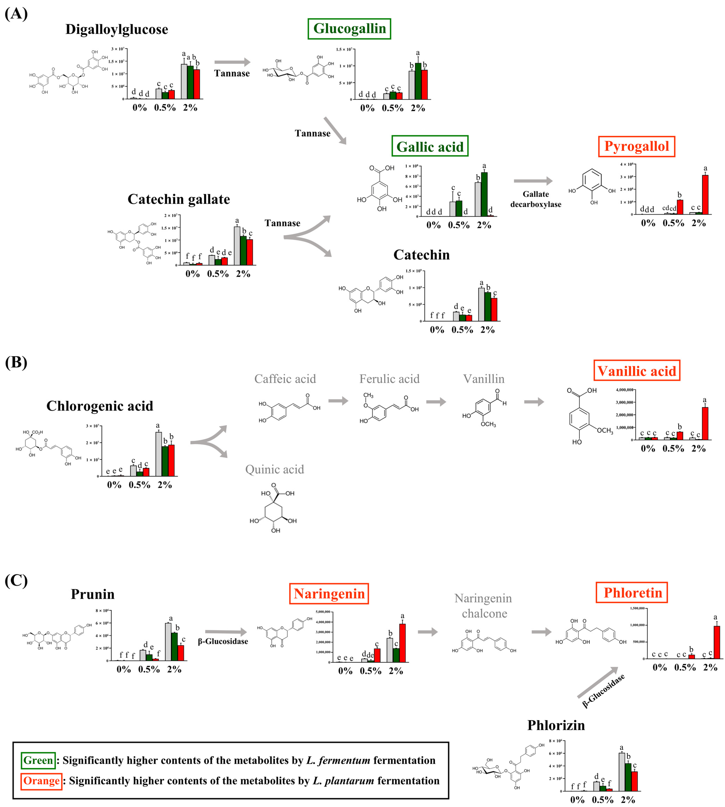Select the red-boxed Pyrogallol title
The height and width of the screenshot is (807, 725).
(x=636, y=147)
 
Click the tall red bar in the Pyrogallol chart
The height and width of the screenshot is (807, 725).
(x=705, y=195)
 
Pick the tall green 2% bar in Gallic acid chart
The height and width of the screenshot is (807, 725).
(x=484, y=194)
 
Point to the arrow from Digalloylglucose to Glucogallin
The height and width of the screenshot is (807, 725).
(x=232, y=62)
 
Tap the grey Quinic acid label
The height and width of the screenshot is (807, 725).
(x=274, y=469)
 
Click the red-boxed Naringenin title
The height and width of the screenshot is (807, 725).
(x=329, y=594)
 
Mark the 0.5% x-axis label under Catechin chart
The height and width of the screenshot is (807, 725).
(x=462, y=330)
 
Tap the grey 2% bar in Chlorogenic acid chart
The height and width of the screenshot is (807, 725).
(x=158, y=454)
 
